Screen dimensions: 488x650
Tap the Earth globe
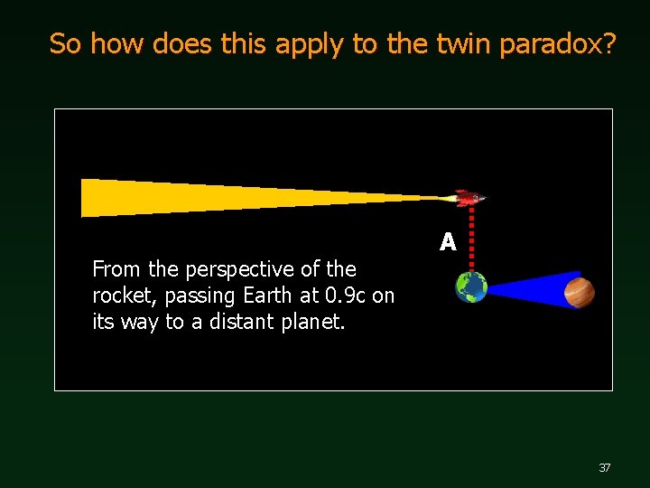tap(471, 287)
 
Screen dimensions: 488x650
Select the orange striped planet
tap(579, 292)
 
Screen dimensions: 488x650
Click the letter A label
tap(448, 242)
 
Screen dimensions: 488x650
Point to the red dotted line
tap(472, 237)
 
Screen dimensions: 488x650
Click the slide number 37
tap(605, 467)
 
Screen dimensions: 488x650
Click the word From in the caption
tap(115, 269)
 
